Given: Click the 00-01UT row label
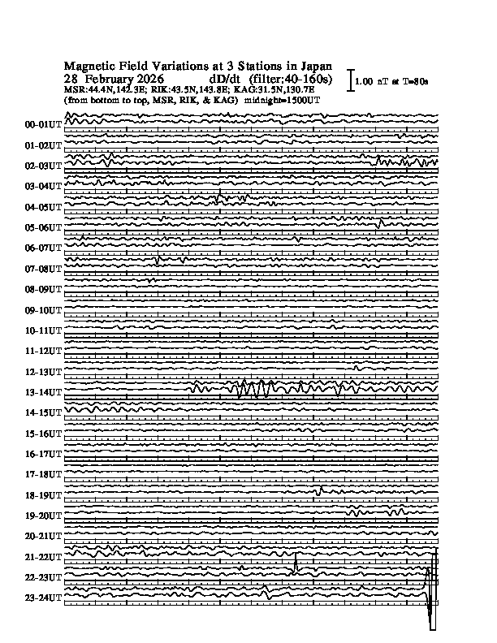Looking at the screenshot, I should coord(44,125).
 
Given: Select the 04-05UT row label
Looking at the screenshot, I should coord(44,207).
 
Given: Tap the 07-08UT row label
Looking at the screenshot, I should coord(44,269).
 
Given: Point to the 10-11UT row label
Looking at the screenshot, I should coord(44,331).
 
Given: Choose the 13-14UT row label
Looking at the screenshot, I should coord(44,393).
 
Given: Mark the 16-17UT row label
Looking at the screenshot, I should coord(44,454).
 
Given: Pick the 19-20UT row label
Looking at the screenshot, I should coord(44,516).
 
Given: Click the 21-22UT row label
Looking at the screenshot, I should coord(44,557).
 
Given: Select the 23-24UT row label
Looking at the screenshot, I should coord(44,598).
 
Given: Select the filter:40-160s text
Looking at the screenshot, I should coord(292,79).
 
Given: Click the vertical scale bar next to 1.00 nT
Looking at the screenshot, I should coord(350,80).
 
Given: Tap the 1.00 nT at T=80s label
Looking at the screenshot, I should coord(397,82).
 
